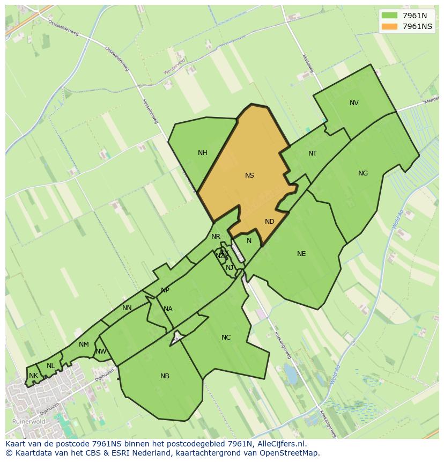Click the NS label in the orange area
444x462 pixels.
[x=249, y=175]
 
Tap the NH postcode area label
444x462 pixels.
[x=202, y=153]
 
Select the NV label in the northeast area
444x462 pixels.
[x=354, y=103]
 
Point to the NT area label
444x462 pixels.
[x=313, y=153]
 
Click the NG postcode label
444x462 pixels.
[x=363, y=173]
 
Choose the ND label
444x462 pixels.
[x=270, y=222]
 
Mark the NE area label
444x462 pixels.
[x=301, y=254]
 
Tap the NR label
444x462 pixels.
[x=216, y=237]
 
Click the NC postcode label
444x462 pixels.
[x=226, y=338]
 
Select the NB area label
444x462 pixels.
[x=165, y=376]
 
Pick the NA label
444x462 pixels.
[x=168, y=309]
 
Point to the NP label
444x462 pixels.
[x=165, y=290]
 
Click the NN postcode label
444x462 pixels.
[x=127, y=308]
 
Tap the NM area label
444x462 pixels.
[x=84, y=344]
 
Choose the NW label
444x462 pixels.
[x=101, y=352]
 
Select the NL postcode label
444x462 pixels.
[x=50, y=366]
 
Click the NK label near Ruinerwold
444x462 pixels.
[x=33, y=376]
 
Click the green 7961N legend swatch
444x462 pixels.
[x=390, y=16]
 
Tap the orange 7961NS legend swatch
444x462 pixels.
[x=390, y=26]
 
